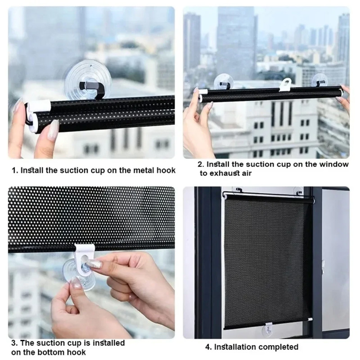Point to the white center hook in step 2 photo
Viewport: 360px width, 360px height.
coord(285,85)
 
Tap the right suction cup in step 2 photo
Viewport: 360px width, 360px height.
coord(320,81)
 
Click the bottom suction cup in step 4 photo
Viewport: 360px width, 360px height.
coord(268,330)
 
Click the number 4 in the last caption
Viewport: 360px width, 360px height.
coord(208,347)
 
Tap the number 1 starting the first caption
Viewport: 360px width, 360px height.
coord(13,171)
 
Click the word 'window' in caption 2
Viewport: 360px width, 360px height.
coord(336,164)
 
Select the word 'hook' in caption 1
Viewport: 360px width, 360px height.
coord(165,171)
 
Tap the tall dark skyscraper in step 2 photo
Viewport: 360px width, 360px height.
coord(235,40)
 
